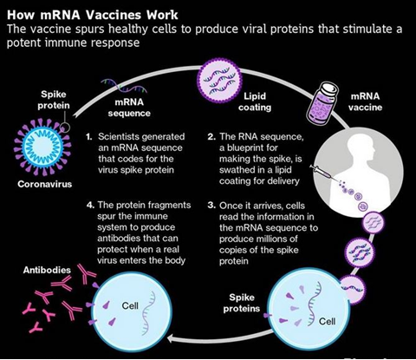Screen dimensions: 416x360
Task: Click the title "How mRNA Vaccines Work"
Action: [93, 15]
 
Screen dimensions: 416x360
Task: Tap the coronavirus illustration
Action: [42, 147]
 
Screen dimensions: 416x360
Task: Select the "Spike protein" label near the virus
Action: [54, 100]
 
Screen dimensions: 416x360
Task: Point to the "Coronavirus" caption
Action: [44, 184]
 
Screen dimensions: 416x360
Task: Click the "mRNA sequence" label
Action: [129, 108]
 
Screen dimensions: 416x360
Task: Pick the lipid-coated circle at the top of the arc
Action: [218, 79]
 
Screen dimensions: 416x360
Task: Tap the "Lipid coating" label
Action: [255, 101]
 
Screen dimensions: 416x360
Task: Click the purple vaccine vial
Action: [322, 102]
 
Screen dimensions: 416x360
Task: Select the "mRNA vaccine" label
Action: [365, 101]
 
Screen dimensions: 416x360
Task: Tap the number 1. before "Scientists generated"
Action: [89, 137]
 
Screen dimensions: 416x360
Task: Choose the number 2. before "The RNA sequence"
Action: [211, 137]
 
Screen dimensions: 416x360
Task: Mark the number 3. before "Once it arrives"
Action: [211, 206]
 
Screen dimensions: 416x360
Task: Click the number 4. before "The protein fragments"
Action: [90, 206]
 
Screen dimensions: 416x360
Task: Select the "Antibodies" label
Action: [47, 270]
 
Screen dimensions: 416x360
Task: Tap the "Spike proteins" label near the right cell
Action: [242, 303]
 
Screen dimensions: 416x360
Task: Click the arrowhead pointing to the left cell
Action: [171, 338]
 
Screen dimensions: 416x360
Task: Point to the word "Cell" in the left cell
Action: [130, 305]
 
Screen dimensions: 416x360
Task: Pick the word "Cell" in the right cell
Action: [327, 321]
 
